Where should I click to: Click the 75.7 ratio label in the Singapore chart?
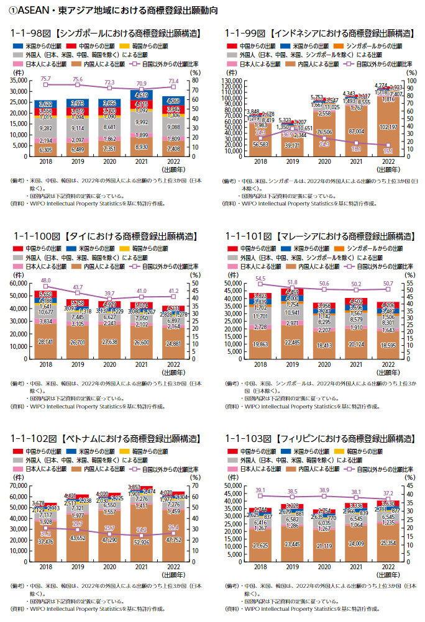[45, 79]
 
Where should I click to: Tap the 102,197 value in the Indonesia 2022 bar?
[387, 145]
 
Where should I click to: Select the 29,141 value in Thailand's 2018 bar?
[45, 341]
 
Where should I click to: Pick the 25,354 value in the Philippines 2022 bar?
[387, 543]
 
